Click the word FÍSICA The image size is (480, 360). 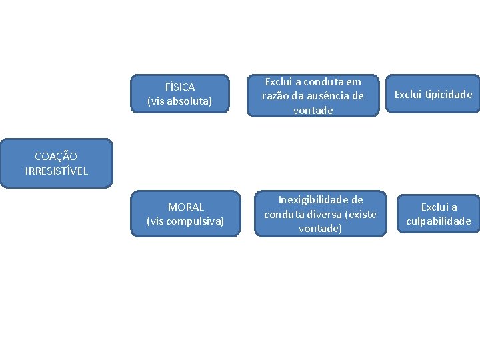click(x=179, y=87)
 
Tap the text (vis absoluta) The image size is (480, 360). click(x=179, y=102)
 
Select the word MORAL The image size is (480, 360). click(x=185, y=207)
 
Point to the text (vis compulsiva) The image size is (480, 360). click(x=185, y=221)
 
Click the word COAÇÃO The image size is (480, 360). click(x=56, y=157)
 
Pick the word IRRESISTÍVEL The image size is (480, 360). click(x=56, y=171)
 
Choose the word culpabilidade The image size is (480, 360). click(x=439, y=221)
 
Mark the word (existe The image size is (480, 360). click(x=359, y=214)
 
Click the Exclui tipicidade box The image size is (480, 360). click(x=433, y=95)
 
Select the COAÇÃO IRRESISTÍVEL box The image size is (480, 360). click(x=56, y=164)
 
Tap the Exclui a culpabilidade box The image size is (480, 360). click(x=439, y=214)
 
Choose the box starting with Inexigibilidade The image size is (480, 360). click(x=320, y=214)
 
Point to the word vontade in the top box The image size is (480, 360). click(x=313, y=111)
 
